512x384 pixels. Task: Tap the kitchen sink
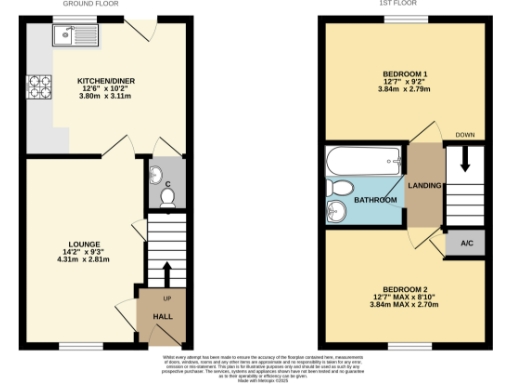pos(70,39)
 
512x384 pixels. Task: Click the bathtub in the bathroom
pos(364,161)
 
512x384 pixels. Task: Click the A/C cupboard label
pos(466,243)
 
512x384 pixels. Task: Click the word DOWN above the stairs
pos(464,134)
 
